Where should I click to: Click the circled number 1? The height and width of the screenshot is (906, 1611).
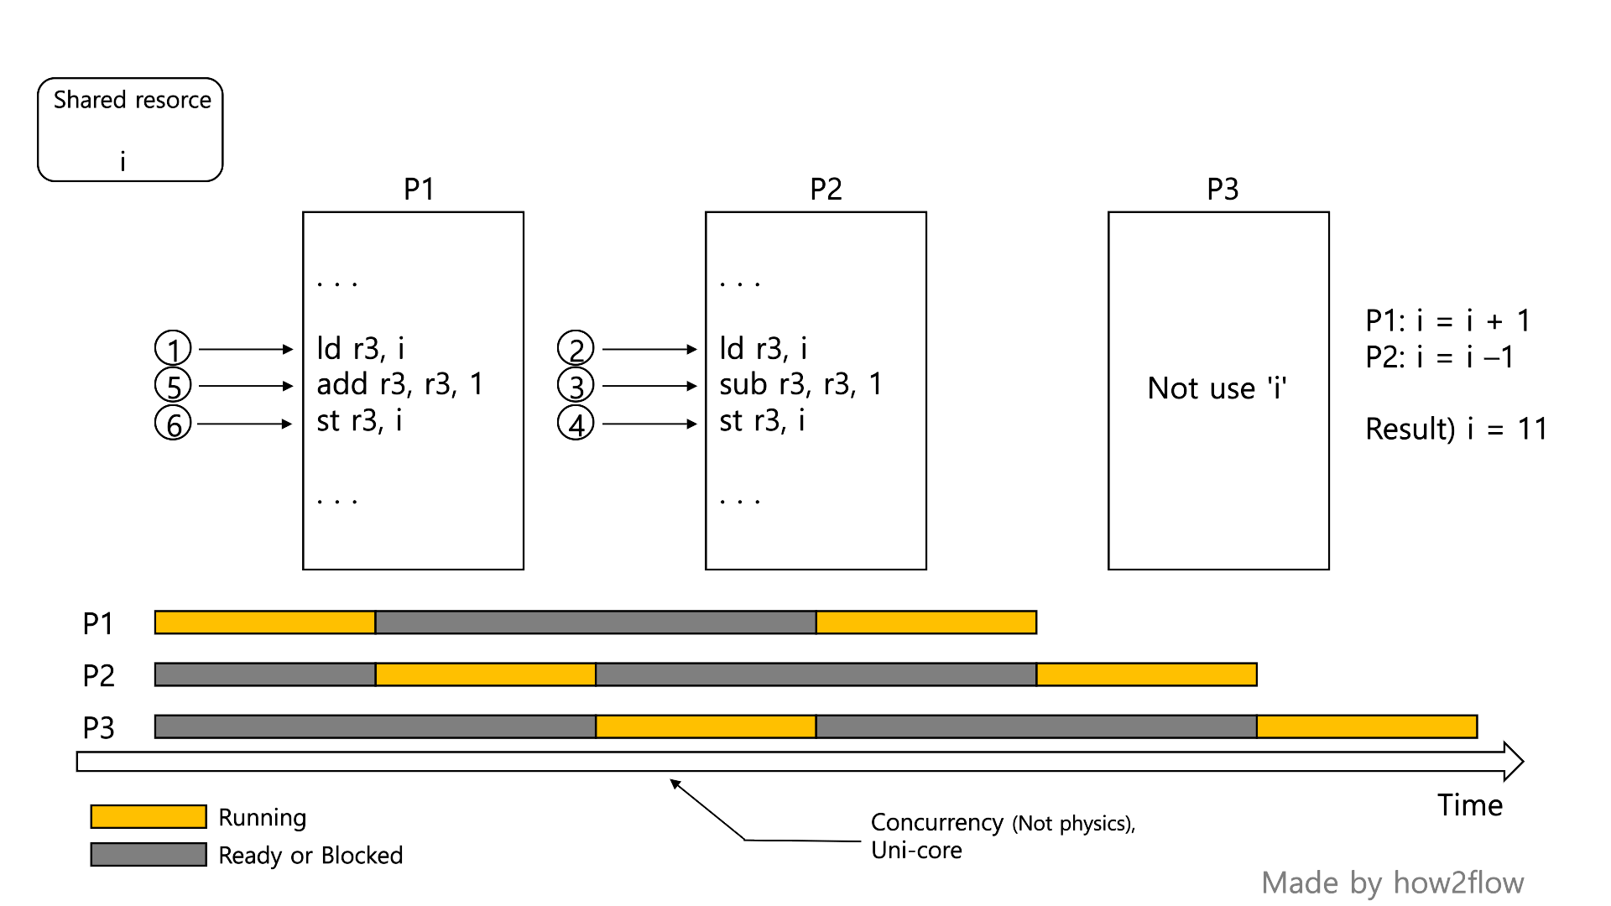[x=173, y=348]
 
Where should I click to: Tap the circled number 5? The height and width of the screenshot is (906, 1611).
[x=173, y=386]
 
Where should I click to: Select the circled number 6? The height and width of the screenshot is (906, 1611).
[x=173, y=424]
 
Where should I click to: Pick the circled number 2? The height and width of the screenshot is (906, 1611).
[x=576, y=348]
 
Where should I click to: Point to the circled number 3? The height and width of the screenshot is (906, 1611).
[x=576, y=386]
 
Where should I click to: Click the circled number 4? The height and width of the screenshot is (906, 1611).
[x=576, y=424]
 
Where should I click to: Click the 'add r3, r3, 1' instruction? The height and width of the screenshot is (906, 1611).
[x=399, y=384]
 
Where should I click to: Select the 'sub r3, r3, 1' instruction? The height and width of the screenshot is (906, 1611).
[x=800, y=384]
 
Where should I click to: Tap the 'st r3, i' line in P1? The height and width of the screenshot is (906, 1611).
[x=359, y=420]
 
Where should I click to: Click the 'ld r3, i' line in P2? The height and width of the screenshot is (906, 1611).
[x=763, y=348]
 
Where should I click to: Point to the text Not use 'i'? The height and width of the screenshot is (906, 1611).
[x=1217, y=388]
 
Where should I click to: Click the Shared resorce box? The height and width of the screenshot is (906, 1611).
[x=130, y=130]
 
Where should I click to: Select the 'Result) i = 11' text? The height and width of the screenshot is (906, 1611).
[x=1456, y=429]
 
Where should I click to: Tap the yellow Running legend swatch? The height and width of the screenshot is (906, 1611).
[x=149, y=816]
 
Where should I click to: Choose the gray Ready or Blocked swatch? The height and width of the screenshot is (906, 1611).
[x=149, y=854]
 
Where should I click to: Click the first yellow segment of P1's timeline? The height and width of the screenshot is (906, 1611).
[x=265, y=622]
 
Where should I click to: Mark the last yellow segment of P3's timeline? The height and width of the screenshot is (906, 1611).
[x=1367, y=726]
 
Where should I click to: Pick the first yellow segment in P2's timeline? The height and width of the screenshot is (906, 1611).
[x=486, y=674]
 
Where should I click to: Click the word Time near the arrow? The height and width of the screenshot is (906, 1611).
[x=1470, y=805]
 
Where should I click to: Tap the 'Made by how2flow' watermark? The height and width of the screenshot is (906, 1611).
[x=1392, y=883]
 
